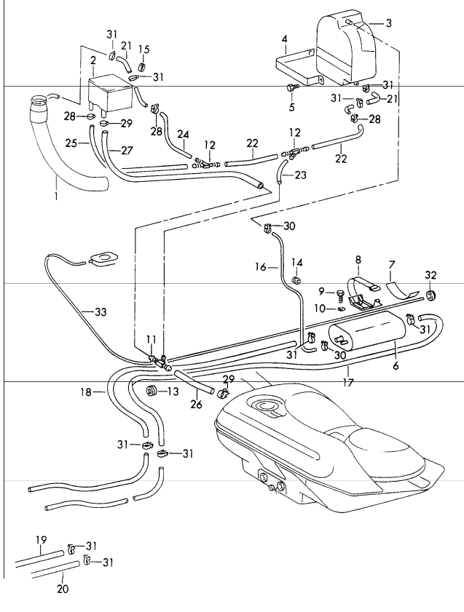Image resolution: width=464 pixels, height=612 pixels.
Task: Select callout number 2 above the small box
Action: click(93, 59)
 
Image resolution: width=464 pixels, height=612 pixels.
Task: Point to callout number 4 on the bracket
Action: click(285, 38)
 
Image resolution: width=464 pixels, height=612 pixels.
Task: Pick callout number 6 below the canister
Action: click(396, 367)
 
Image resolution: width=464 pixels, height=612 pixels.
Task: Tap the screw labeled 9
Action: click(340, 293)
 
